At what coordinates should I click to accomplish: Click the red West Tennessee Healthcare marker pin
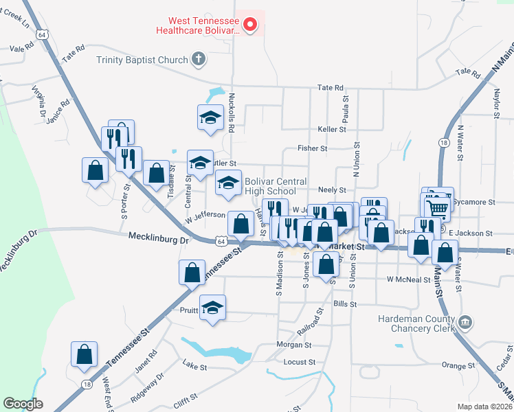pyautogui.click(x=250, y=25)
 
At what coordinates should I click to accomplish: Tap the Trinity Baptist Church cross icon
pyautogui.click(x=199, y=60)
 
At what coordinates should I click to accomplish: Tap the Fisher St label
pyautogui.click(x=312, y=148)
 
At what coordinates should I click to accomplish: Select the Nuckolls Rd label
pyautogui.click(x=232, y=113)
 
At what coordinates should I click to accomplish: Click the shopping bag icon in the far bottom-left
pyautogui.click(x=84, y=354)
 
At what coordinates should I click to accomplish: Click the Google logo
pyautogui.click(x=23, y=404)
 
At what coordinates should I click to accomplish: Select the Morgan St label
pyautogui.click(x=294, y=345)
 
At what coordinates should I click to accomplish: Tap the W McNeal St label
pyautogui.click(x=408, y=279)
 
